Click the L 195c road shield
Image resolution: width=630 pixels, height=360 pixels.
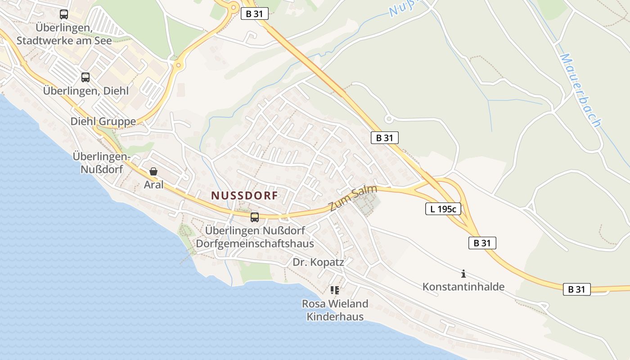tap(443, 208)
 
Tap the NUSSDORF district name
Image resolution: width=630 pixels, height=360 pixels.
tap(244, 195)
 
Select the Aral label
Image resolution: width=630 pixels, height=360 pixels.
tap(154, 184)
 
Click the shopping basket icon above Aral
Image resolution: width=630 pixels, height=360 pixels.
tap(153, 171)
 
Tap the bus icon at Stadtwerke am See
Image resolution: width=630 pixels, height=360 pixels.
tap(64, 14)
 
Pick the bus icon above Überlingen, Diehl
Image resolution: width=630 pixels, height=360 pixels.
tap(85, 77)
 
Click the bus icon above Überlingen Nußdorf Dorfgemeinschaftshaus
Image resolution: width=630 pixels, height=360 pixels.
tap(255, 217)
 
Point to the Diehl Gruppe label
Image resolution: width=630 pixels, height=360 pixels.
tap(103, 121)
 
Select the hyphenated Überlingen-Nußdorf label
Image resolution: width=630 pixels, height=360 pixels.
tap(101, 163)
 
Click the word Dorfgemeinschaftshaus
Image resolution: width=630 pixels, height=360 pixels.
tap(255, 243)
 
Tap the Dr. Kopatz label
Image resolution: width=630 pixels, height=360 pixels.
tap(318, 262)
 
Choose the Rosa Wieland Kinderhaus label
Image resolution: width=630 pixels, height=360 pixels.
tap(335, 310)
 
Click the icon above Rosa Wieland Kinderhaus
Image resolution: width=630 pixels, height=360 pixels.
tap(334, 290)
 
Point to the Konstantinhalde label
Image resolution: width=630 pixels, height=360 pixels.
tap(463, 287)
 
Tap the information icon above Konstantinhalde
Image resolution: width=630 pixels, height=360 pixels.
tap(463, 274)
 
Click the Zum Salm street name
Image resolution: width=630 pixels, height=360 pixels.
tap(353, 198)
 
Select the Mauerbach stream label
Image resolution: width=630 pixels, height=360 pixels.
tap(580, 90)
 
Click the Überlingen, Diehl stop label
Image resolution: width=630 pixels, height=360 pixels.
tap(86, 90)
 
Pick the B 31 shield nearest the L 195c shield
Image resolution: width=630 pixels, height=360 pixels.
tap(482, 243)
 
